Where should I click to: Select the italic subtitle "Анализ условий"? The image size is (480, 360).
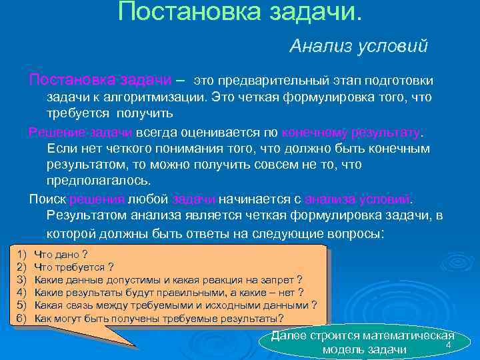(358, 46)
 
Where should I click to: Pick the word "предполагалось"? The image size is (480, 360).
(97, 180)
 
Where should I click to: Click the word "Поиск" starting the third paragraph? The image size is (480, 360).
(47, 199)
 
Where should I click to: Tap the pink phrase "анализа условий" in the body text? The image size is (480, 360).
(358, 199)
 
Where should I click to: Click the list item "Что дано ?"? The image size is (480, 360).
(61, 255)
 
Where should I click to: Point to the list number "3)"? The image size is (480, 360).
(20, 279)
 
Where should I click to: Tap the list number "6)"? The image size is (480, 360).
(20, 318)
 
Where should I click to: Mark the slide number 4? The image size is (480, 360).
(449, 345)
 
